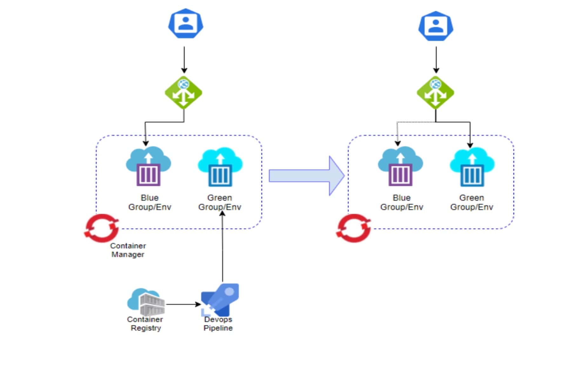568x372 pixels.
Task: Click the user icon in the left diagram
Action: [186, 24]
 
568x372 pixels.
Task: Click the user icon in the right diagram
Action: [436, 26]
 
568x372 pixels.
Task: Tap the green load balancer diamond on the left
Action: [184, 93]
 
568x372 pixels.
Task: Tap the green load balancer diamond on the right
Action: [435, 93]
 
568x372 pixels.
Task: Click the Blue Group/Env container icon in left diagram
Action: [148, 166]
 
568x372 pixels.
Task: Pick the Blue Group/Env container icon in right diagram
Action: [400, 166]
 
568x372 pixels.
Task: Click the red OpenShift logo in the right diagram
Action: [354, 228]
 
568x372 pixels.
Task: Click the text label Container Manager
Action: [128, 250]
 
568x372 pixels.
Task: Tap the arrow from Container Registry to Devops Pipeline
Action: [183, 304]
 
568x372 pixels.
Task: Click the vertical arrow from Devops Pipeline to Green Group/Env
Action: [222, 248]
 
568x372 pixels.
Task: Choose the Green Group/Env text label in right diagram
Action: [471, 202]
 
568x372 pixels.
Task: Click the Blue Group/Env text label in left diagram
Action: [150, 202]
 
